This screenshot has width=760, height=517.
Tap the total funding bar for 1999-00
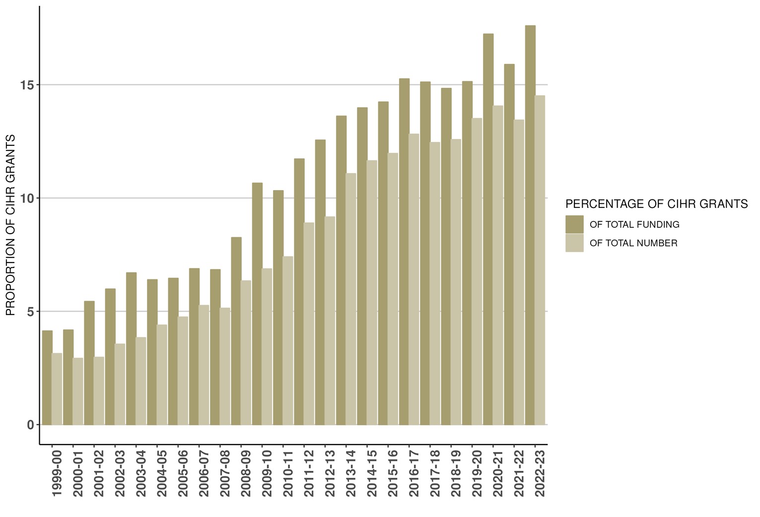pyautogui.click(x=47, y=378)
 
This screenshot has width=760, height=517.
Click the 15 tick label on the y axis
pyautogui.click(x=27, y=85)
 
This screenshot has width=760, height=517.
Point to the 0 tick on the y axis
pyautogui.click(x=30, y=425)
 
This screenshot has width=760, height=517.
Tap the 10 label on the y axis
pyautogui.click(x=27, y=198)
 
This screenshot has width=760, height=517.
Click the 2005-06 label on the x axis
pyautogui.click(x=183, y=473)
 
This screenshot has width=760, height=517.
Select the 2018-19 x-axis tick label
pyautogui.click(x=456, y=473)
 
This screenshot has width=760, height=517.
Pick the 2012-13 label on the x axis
pyautogui.click(x=330, y=473)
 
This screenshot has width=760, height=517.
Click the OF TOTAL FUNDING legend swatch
pyautogui.click(x=574, y=224)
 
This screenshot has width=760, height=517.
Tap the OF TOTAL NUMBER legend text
pyautogui.click(x=633, y=243)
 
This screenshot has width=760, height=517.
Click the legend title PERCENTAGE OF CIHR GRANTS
pyautogui.click(x=656, y=204)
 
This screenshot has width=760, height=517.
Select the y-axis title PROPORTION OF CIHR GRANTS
pyautogui.click(x=10, y=225)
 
